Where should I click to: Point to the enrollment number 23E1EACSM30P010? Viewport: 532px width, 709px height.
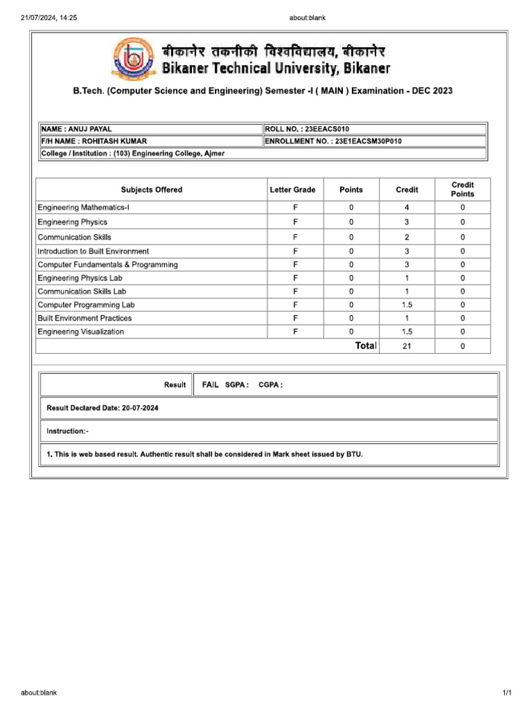333,141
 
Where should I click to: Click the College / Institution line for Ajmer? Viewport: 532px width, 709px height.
132,154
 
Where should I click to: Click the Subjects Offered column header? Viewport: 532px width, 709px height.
152,190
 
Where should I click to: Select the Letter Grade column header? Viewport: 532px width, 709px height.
295,190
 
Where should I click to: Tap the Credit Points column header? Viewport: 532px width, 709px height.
462,190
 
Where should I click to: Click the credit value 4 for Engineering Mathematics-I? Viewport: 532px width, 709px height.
407,208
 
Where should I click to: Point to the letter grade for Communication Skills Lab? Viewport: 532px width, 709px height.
295,291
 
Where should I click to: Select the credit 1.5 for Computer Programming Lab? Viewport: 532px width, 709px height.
407,305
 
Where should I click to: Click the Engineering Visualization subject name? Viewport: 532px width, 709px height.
81,332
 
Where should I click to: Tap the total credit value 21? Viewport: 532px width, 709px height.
407,346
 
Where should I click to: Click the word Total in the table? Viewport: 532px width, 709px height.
366,345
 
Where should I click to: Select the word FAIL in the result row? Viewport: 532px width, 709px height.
211,384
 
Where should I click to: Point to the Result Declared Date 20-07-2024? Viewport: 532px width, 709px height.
103,409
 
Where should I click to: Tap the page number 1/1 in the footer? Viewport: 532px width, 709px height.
506,692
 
